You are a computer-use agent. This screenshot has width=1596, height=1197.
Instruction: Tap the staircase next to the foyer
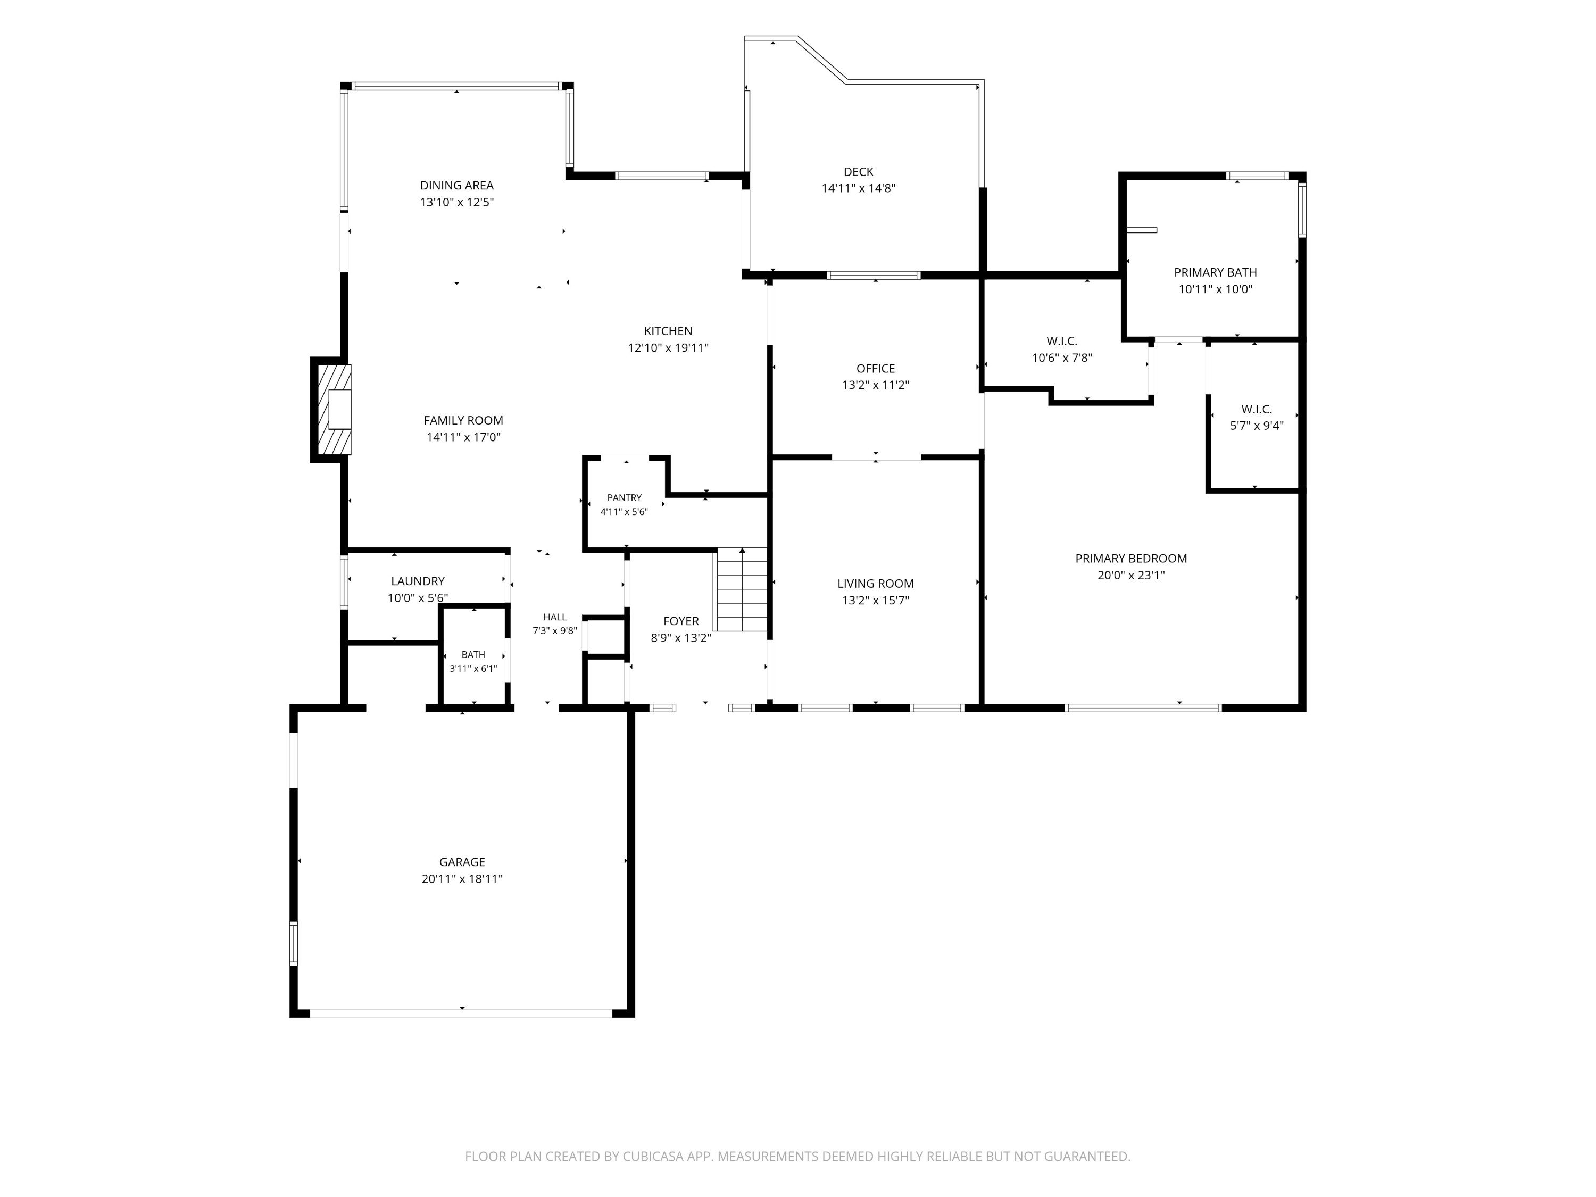coord(742,589)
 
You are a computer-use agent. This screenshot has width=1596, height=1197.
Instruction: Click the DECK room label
coord(859,172)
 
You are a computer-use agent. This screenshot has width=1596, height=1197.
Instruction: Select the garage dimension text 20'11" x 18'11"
coord(462,879)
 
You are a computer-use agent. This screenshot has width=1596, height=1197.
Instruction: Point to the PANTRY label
coord(624,498)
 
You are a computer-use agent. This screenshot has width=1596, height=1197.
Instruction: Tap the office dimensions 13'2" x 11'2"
coord(875,385)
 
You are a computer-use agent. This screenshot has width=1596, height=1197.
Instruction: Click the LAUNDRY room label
coord(418,581)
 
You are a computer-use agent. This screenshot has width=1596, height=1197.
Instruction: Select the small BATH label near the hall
coord(473,654)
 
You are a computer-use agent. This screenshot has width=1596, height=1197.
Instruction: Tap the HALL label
coord(555,617)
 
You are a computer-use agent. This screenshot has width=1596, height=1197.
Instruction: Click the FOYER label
coord(681,621)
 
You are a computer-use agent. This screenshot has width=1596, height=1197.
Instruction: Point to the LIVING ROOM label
coord(875,584)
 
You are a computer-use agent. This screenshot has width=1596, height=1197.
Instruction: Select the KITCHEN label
coord(668,331)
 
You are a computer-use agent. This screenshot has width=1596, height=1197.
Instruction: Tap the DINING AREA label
coord(456,186)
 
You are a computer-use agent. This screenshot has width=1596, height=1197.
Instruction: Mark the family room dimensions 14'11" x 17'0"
coord(463,437)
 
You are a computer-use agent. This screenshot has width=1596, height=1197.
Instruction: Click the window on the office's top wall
coord(874,275)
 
